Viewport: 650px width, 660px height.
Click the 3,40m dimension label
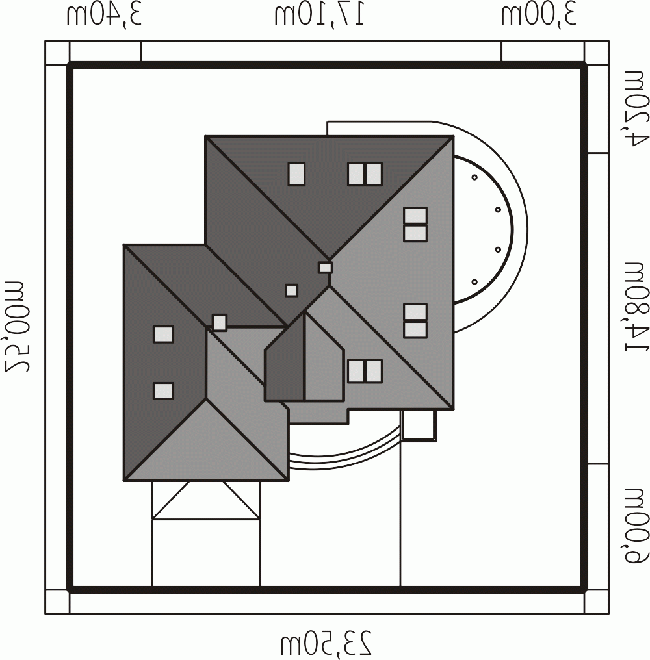103,16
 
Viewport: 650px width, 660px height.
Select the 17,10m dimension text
320,16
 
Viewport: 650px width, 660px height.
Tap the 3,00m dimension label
538,16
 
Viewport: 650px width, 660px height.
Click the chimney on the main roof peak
325,267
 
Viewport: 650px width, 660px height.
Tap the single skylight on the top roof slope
296,174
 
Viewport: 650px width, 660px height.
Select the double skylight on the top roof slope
365,174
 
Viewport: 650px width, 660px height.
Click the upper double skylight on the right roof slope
415,224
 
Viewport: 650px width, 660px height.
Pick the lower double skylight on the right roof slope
415,321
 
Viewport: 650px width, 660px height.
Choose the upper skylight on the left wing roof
163,335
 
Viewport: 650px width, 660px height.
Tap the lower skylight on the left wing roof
163,390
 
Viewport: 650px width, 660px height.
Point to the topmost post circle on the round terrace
474,177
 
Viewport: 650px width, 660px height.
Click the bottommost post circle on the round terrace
474,282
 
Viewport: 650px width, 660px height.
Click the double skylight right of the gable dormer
365,372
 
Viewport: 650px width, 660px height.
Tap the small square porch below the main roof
419,425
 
